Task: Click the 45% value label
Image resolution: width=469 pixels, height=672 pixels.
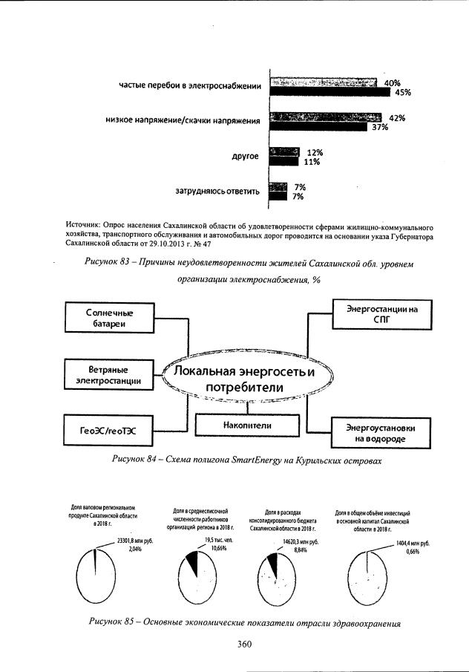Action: coord(403,93)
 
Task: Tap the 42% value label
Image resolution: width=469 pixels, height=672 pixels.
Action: coord(397,118)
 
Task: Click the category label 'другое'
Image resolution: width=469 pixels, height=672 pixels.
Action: coord(245,157)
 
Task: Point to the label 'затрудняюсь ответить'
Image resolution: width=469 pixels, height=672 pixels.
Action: coord(217,192)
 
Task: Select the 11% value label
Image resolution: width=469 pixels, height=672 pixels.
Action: coord(312,162)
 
